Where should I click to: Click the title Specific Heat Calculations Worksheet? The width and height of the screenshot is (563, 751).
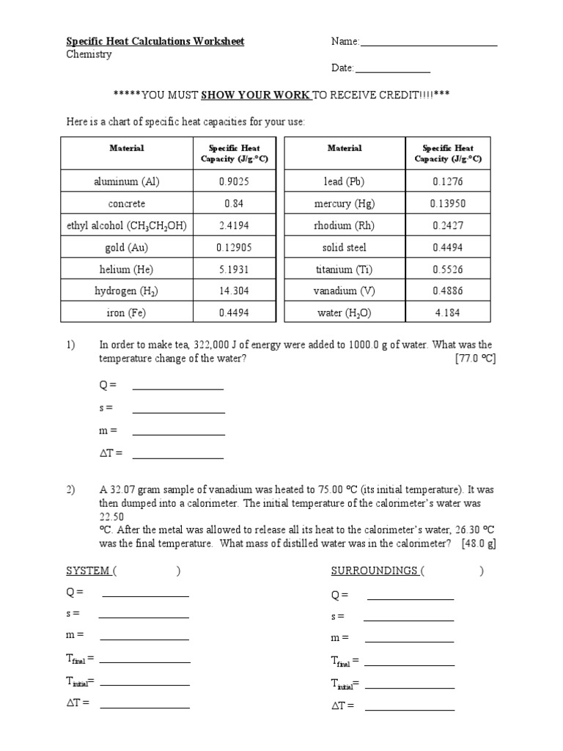(155, 42)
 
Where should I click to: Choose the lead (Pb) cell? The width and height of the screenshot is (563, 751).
(344, 182)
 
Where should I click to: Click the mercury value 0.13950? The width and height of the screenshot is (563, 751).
(448, 204)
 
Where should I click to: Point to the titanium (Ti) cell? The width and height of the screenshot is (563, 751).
(344, 269)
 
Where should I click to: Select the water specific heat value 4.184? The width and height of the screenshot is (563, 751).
(448, 313)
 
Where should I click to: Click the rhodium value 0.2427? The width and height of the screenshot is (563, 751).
(448, 226)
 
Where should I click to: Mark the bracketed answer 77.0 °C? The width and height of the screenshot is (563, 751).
(475, 359)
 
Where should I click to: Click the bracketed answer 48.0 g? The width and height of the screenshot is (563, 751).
(478, 543)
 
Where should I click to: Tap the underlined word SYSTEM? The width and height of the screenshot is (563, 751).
(87, 571)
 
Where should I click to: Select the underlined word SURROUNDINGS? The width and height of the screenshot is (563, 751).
(375, 571)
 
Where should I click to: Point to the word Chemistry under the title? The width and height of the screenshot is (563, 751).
(89, 55)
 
